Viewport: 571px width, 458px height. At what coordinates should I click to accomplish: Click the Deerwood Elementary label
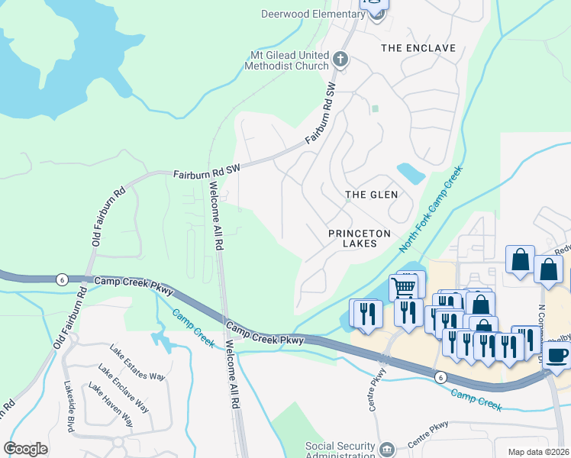[313, 14]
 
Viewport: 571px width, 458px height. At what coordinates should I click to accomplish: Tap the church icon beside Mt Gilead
[341, 59]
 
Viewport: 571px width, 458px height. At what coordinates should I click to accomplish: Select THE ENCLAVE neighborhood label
[418, 48]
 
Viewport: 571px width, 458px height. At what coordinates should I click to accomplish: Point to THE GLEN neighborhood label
[372, 195]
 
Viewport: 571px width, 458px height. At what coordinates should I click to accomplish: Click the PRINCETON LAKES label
[360, 238]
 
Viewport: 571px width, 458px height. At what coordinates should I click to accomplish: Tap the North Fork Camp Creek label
[432, 211]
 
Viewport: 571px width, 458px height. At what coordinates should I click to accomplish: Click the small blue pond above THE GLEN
[411, 173]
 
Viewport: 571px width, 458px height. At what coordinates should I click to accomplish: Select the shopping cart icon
[403, 287]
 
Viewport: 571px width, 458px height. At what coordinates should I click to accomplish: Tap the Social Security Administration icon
[387, 448]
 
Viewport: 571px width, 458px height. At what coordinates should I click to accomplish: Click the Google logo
[25, 448]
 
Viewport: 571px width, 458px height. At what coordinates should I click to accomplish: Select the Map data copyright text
[538, 452]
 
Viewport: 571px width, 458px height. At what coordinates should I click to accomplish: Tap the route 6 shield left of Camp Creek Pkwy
[60, 280]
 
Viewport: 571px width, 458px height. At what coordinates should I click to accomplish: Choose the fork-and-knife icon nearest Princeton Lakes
[365, 313]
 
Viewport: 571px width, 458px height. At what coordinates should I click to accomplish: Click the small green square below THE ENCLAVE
[375, 108]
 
